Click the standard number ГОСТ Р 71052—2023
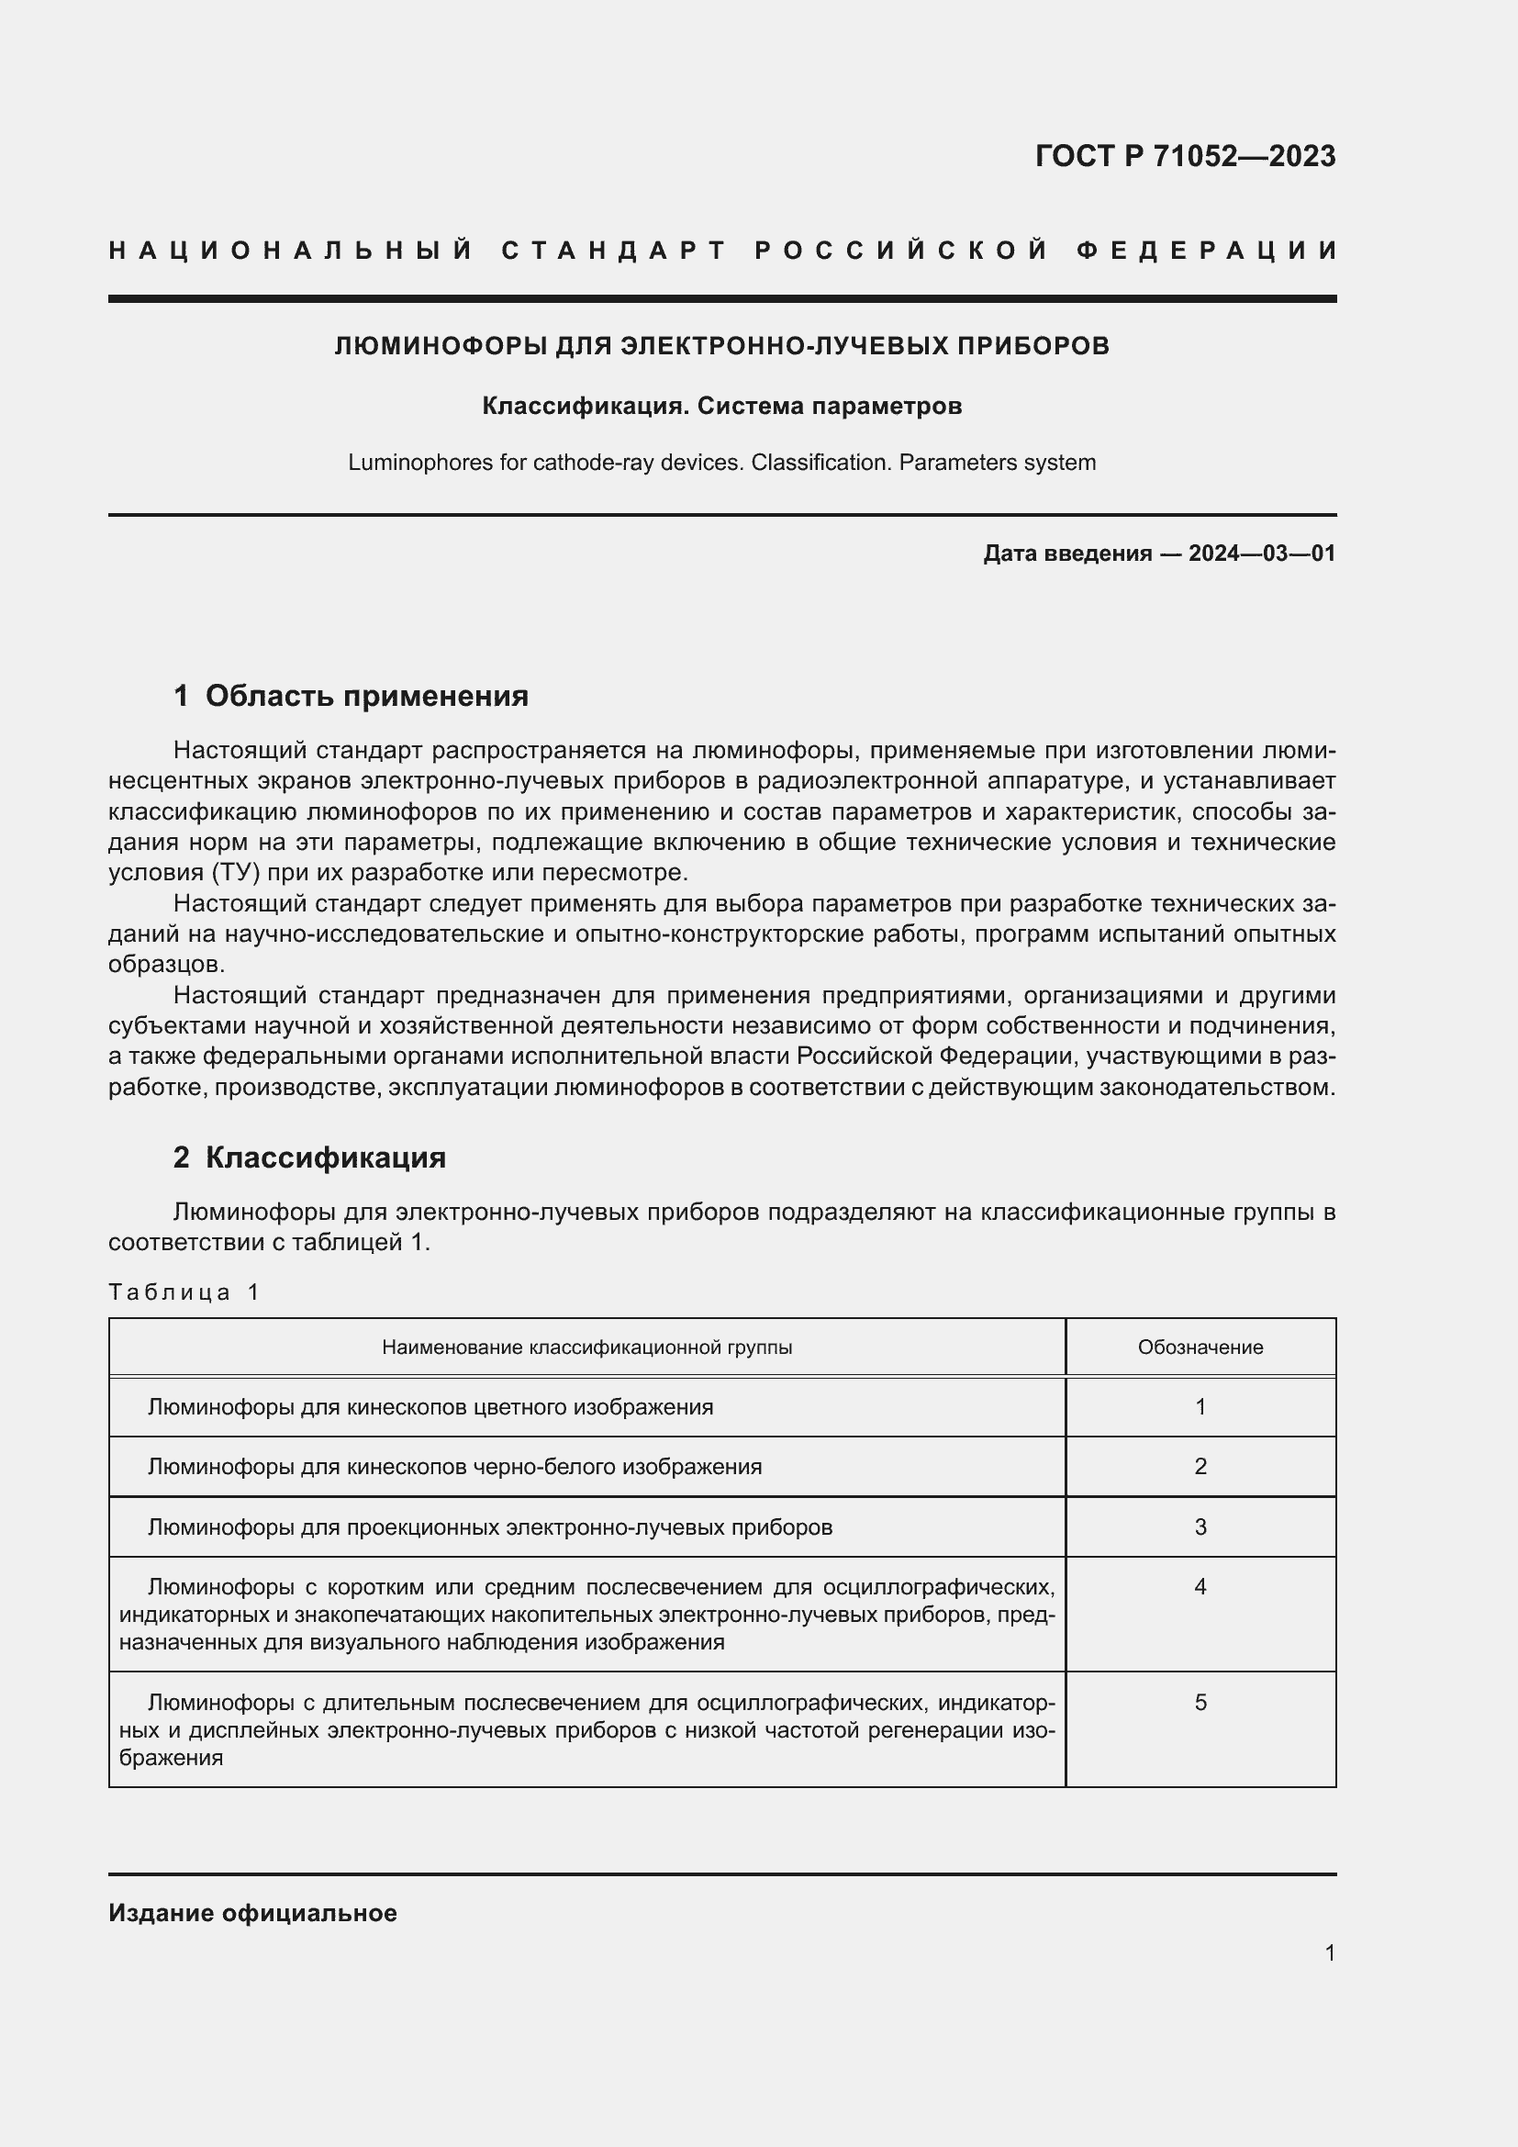click(1184, 156)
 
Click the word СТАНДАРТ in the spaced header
click(613, 251)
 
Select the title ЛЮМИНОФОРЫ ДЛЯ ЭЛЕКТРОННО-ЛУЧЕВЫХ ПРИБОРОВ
click(721, 346)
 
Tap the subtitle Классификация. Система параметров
click(721, 407)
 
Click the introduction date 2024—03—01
click(1261, 554)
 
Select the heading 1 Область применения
click(351, 696)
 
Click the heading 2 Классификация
click(309, 1157)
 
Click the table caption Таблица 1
click(184, 1292)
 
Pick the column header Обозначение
click(1200, 1347)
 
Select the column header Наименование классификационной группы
click(587, 1347)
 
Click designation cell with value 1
click(1200, 1407)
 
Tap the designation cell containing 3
click(1200, 1527)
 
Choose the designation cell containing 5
click(1200, 1703)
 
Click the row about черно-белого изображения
click(454, 1467)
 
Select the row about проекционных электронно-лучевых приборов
click(490, 1527)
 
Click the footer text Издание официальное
click(252, 1913)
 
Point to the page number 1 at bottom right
click(1329, 1953)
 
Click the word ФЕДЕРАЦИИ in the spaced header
click(1207, 251)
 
